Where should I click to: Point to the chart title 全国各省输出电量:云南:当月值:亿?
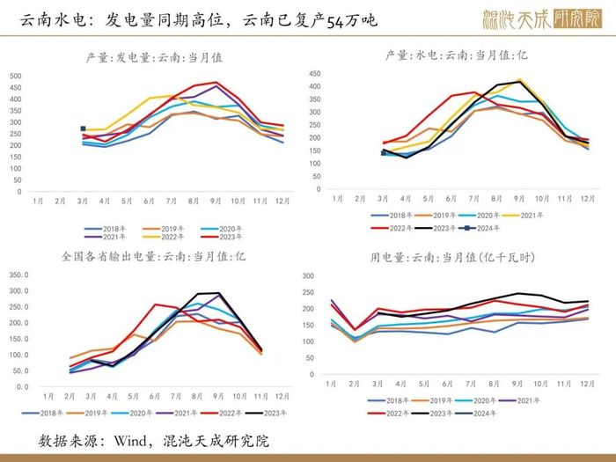[150, 257]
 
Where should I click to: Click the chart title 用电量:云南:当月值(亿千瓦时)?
[458, 258]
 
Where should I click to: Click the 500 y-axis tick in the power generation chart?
[15, 76]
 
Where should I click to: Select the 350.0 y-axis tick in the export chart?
[18, 275]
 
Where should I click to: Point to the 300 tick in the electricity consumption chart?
[307, 277]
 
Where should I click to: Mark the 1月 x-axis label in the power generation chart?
[38, 201]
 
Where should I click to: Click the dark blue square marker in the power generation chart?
[84, 128]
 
